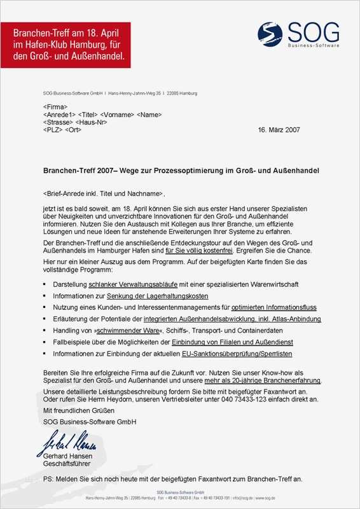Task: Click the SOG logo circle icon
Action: coord(270,33)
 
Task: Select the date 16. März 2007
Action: coord(279,130)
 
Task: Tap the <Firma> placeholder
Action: coord(55,107)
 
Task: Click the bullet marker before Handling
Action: coord(45,331)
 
